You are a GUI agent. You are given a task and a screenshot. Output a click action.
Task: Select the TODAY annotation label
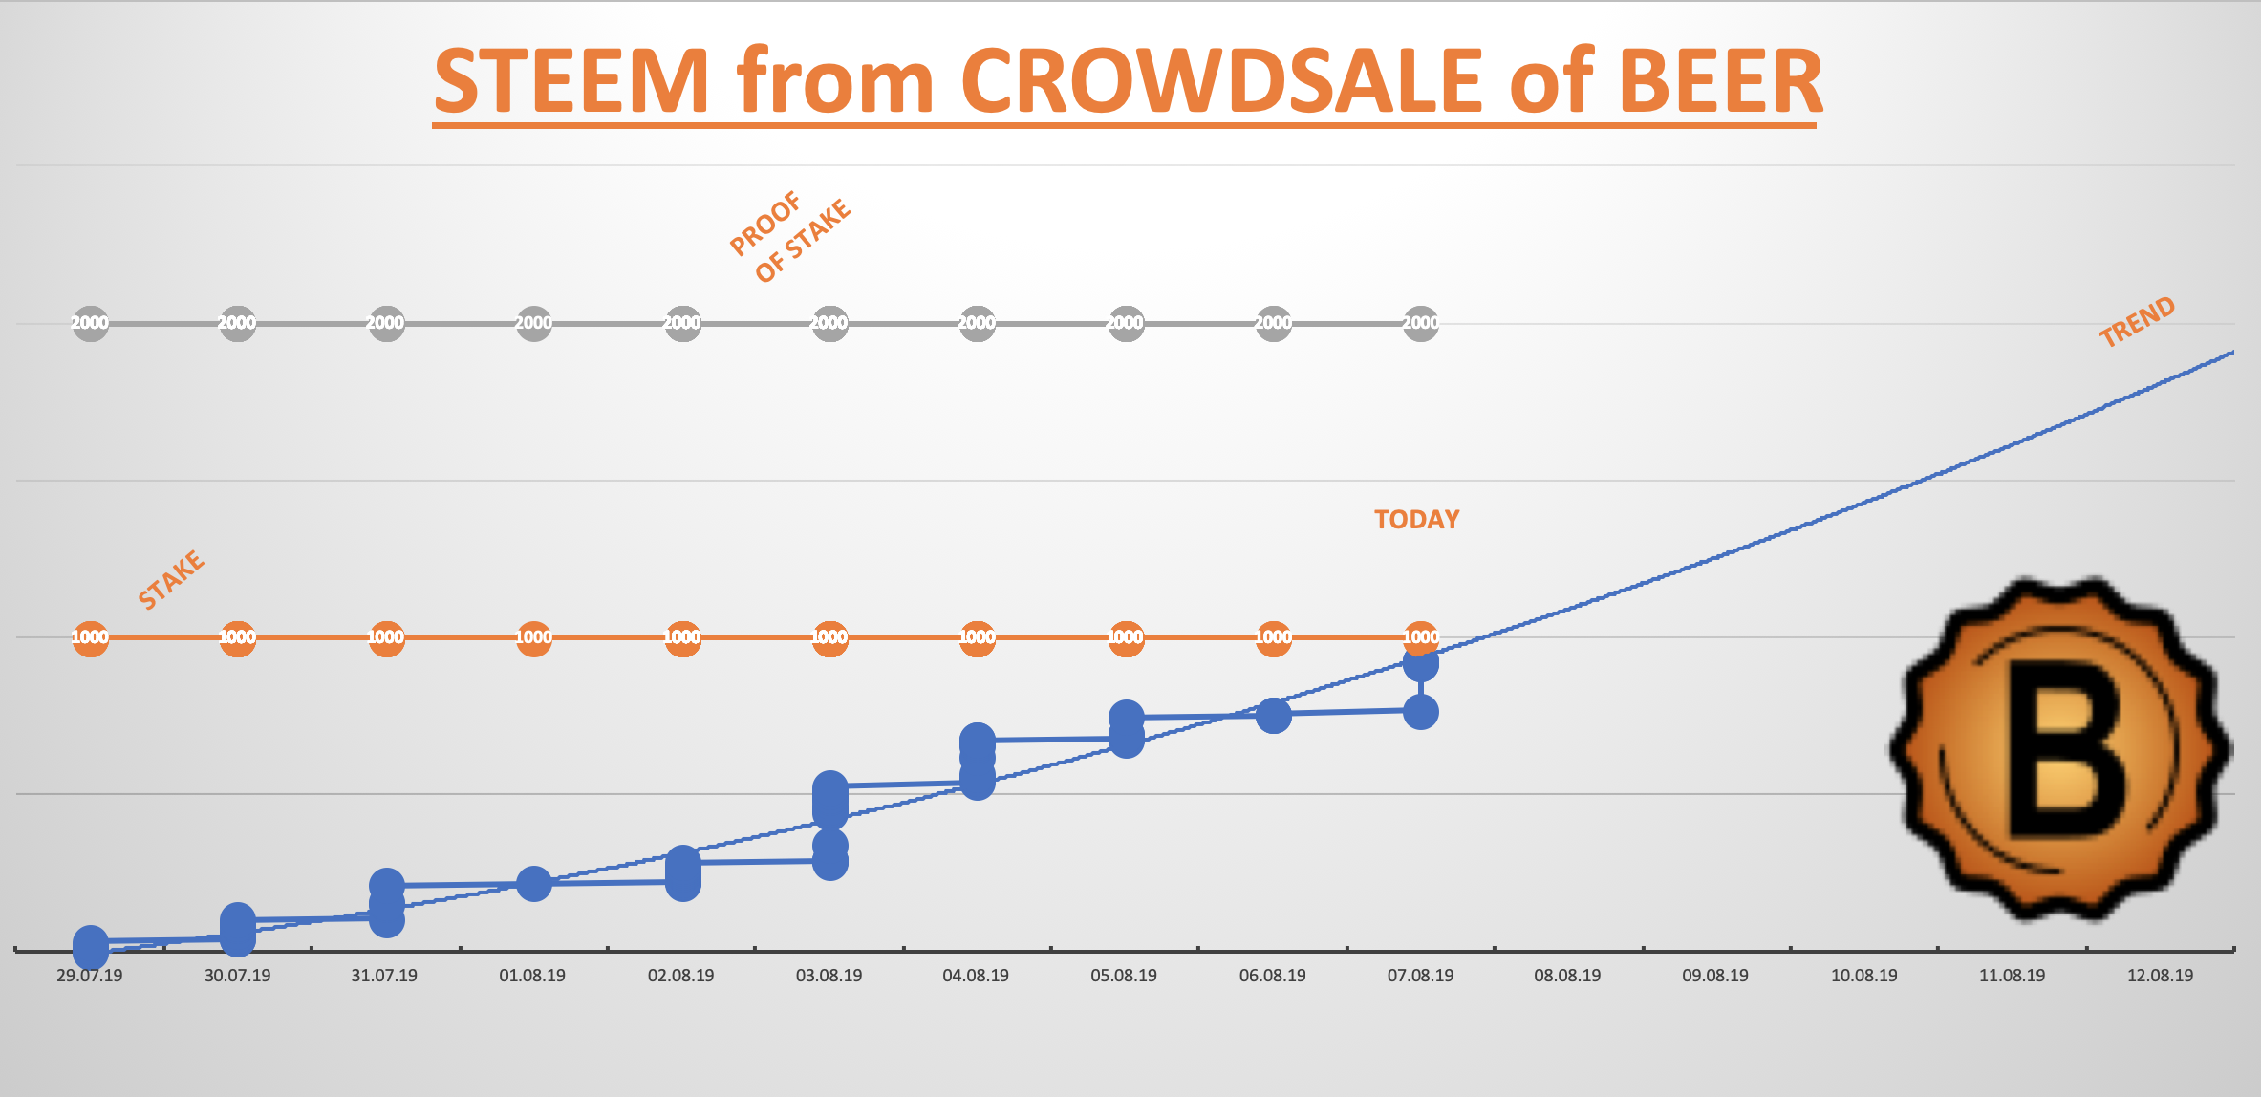(1416, 520)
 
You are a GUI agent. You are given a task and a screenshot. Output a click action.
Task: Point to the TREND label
(2137, 322)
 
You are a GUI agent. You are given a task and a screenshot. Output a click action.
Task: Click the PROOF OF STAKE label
(789, 237)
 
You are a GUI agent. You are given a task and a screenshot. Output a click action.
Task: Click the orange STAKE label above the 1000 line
(171, 579)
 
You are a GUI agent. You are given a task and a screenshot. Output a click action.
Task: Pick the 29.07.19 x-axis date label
(90, 976)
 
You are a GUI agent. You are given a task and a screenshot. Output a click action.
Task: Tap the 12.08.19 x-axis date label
(2160, 976)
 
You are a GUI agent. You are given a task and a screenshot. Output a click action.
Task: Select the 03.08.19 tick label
(829, 976)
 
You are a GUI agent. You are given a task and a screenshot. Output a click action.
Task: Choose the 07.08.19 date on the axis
(1420, 976)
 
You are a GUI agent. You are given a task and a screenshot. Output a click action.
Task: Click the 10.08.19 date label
(1863, 976)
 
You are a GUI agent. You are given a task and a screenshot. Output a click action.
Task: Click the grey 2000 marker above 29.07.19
(90, 323)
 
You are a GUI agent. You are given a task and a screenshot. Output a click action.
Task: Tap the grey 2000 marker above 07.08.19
(1420, 323)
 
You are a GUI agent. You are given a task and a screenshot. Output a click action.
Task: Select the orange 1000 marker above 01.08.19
(533, 637)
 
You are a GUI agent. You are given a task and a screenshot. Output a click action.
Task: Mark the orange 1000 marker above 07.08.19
(1420, 637)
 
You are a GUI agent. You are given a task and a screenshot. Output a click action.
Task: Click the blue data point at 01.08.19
(533, 884)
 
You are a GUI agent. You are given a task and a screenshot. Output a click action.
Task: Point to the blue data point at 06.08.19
(1273, 715)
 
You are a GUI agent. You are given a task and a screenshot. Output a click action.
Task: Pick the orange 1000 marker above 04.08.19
(977, 637)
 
